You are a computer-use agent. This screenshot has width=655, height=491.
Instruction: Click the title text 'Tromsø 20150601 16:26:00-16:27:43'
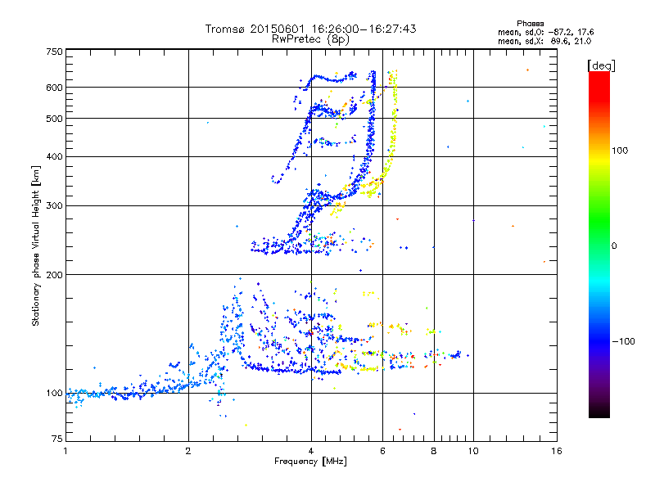coord(310,29)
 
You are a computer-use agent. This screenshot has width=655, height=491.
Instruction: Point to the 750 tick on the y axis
coord(54,52)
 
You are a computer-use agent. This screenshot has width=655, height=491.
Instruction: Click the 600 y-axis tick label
coord(54,87)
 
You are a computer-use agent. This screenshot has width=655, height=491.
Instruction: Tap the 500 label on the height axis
coord(54,119)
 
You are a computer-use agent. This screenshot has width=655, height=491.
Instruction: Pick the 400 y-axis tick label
coord(54,156)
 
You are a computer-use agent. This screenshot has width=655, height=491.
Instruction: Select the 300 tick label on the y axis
coord(54,205)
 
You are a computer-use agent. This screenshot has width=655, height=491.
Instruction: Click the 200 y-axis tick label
coord(54,274)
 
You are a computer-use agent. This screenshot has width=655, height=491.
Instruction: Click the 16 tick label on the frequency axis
coord(556,451)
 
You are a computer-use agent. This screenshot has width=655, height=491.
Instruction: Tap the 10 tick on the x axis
coord(472,451)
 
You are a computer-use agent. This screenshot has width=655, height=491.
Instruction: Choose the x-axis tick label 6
coord(383,451)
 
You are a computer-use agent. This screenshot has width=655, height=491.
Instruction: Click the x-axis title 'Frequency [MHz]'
coord(310,462)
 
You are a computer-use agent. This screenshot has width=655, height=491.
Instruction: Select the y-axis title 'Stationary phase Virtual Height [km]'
coord(36,245)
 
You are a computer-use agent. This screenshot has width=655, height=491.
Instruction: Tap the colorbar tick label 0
coord(614,245)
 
